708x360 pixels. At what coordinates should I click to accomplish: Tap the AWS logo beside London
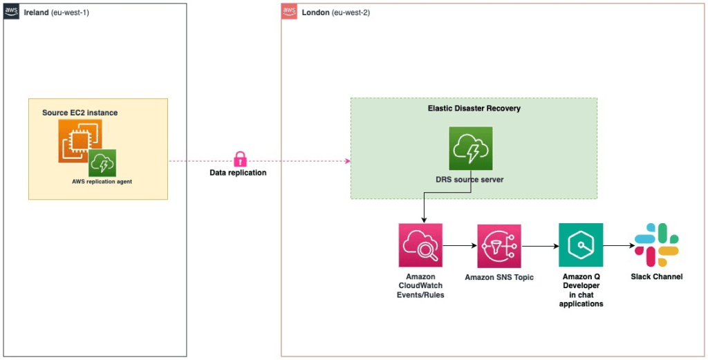(x=290, y=12)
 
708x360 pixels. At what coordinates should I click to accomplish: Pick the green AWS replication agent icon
(x=102, y=163)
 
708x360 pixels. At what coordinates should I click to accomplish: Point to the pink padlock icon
(x=240, y=159)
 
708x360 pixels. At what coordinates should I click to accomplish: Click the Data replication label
(x=238, y=173)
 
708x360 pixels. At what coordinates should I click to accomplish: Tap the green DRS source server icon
(x=470, y=148)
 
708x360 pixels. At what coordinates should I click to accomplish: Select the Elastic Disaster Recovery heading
(x=474, y=108)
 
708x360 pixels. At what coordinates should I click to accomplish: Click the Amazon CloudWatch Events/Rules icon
(x=420, y=245)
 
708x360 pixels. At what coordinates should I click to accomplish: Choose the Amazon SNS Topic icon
(x=499, y=245)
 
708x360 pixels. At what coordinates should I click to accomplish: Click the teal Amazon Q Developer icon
(x=580, y=245)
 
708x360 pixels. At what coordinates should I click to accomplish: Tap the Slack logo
(x=656, y=245)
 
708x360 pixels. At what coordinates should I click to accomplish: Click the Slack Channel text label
(x=656, y=276)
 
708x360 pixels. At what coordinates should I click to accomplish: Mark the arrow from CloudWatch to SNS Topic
(x=459, y=245)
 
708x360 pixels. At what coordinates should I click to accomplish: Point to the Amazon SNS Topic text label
(x=499, y=278)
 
